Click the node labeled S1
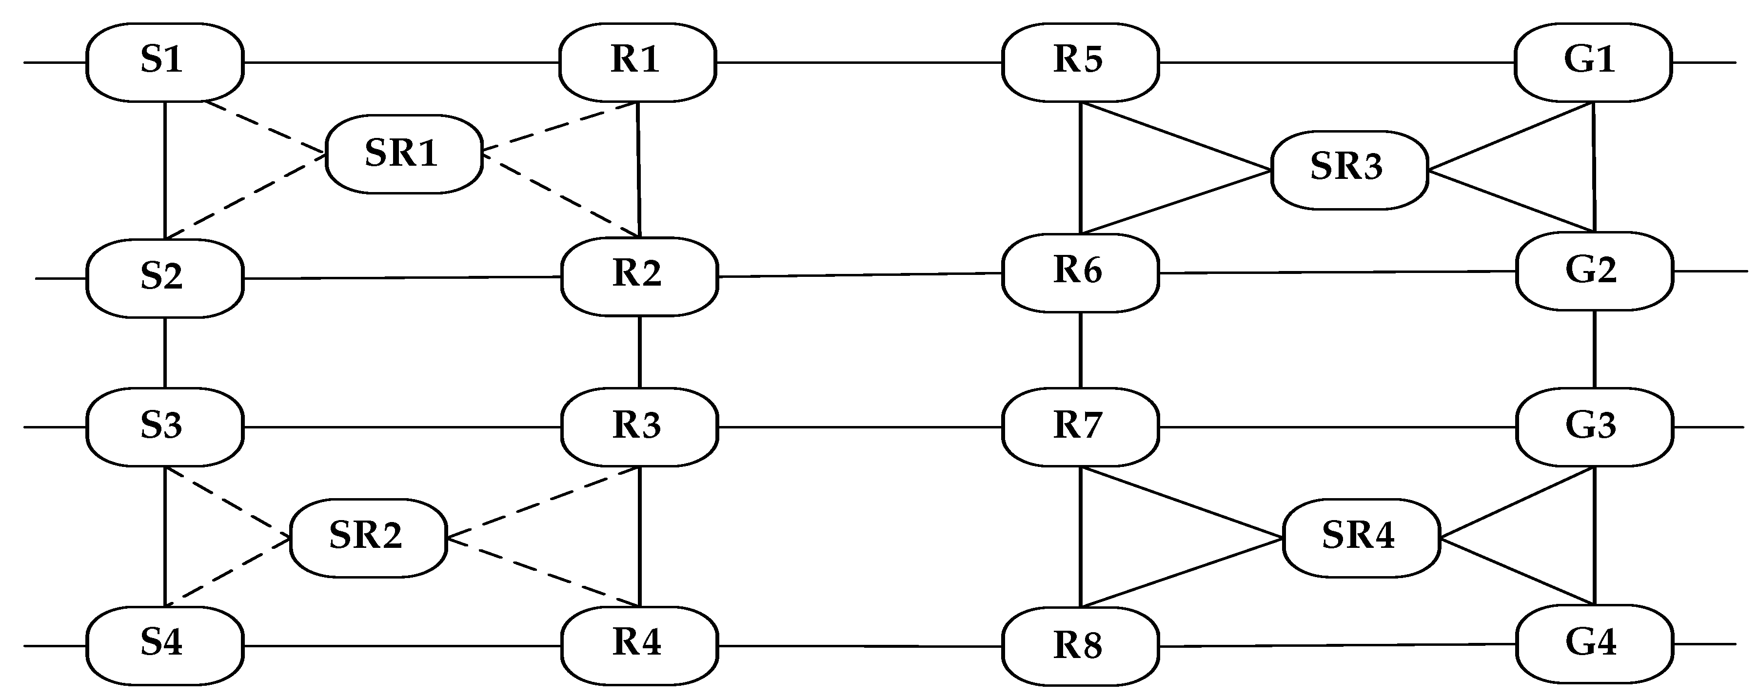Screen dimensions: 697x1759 [x=164, y=62]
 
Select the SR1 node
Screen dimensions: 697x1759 [x=404, y=154]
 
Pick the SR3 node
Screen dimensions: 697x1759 [x=1348, y=169]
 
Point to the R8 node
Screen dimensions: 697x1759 [x=1080, y=646]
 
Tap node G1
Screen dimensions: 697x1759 [x=1592, y=62]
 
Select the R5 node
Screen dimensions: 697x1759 [x=1080, y=62]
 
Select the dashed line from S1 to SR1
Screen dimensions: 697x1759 [x=266, y=128]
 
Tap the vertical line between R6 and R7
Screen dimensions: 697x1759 [x=1080, y=349]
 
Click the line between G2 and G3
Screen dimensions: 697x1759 [x=1594, y=349]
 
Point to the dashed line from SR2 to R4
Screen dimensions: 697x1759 [x=543, y=572]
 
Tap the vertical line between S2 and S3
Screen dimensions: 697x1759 [x=165, y=352]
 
